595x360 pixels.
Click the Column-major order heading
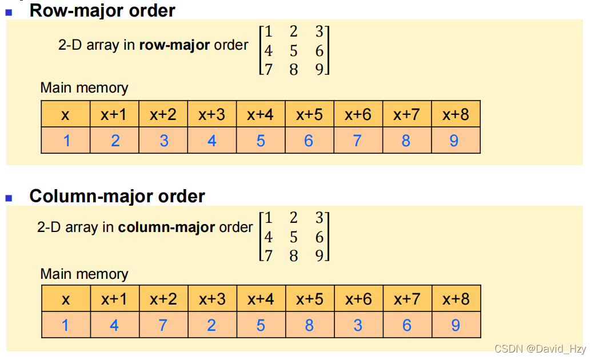tap(117, 196)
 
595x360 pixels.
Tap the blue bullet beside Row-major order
tap(9, 11)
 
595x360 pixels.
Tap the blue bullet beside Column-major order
tap(9, 198)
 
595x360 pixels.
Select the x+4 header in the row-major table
tap(261, 114)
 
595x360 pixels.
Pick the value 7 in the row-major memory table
tap(358, 141)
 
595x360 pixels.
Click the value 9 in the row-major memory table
tap(454, 141)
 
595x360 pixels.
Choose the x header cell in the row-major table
tap(66, 114)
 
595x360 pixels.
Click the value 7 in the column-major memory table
tap(163, 325)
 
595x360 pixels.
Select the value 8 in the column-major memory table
tap(309, 325)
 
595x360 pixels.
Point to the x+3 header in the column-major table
tap(212, 299)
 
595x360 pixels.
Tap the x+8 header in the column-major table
tap(456, 299)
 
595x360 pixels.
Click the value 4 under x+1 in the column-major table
tap(114, 325)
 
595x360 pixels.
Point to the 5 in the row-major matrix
tap(293, 51)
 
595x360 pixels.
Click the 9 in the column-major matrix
tap(320, 255)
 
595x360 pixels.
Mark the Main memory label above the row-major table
tap(84, 88)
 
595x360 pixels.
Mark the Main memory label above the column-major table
tap(84, 274)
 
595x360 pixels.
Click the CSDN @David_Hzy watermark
tap(540, 349)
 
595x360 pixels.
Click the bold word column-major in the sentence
tap(166, 227)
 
